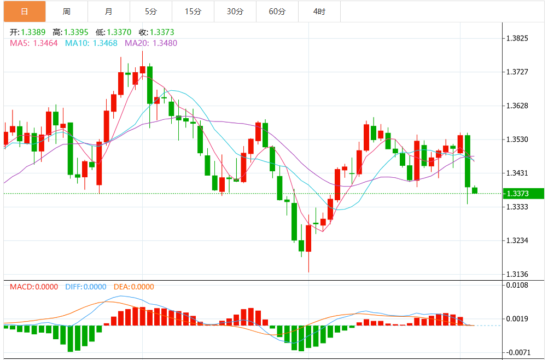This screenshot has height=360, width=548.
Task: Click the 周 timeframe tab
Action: (67, 11)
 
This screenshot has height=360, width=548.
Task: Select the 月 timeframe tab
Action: (109, 11)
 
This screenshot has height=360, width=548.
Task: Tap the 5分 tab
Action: (151, 11)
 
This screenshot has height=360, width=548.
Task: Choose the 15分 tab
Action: (193, 11)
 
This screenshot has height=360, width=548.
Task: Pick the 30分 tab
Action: (235, 11)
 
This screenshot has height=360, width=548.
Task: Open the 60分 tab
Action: (277, 11)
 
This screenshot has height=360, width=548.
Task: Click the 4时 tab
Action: (319, 11)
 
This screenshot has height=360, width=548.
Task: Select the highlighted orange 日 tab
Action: (24, 11)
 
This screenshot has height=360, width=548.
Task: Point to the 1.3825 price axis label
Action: (517, 38)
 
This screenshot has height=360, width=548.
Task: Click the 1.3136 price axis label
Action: (517, 274)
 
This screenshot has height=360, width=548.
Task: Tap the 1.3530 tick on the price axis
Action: (517, 140)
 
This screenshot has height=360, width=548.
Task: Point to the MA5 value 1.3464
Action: (33, 43)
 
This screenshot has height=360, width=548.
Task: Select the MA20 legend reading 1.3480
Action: (151, 43)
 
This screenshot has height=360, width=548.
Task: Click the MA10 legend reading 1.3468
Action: (91, 43)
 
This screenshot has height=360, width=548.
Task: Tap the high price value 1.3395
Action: (77, 32)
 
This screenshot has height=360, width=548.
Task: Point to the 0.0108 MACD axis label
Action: (517, 285)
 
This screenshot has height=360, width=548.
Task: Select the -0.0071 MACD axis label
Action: (517, 352)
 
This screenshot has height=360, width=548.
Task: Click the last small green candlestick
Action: (475, 190)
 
